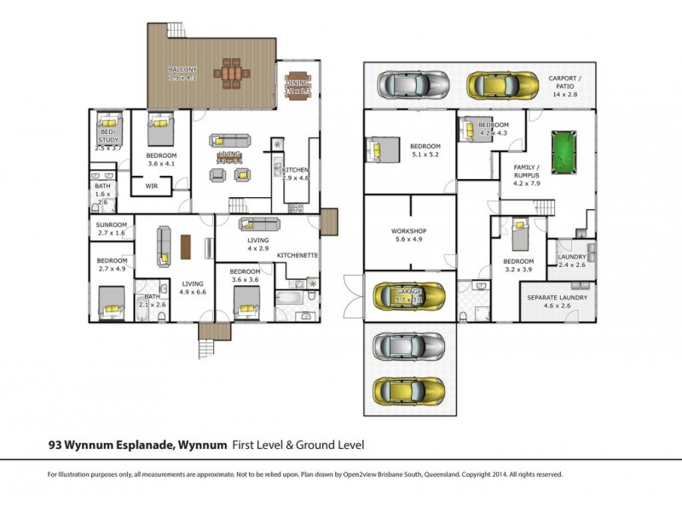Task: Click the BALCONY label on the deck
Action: (182, 68)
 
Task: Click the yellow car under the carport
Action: (494, 85)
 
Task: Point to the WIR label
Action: (152, 185)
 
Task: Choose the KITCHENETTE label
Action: (298, 255)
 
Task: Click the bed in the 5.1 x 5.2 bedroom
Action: (382, 150)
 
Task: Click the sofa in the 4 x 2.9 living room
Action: (259, 224)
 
